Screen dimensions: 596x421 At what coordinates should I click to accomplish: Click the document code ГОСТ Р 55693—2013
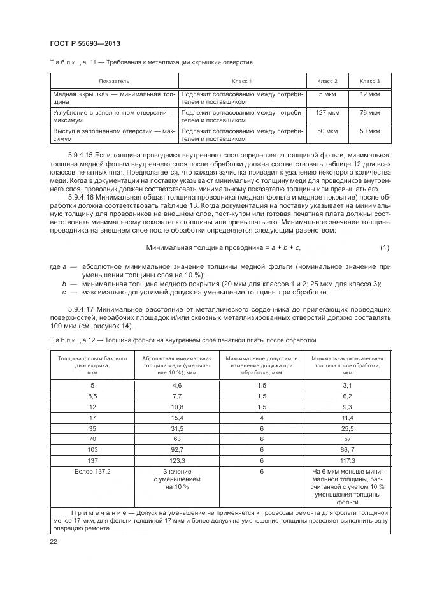click(85, 43)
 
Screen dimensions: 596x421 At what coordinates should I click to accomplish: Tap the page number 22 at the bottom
click(53, 542)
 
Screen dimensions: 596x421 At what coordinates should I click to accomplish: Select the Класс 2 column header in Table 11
click(327, 82)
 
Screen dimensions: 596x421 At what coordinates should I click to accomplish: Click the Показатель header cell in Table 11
click(114, 82)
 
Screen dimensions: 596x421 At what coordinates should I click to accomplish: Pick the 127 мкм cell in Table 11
click(327, 113)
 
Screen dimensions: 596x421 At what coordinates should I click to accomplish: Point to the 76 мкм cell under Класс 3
click(369, 113)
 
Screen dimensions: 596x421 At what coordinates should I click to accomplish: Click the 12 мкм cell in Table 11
click(369, 94)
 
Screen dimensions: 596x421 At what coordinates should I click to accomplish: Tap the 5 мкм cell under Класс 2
click(327, 94)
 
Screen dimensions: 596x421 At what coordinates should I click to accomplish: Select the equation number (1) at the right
click(384, 247)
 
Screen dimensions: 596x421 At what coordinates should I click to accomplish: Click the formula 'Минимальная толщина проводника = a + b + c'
click(222, 247)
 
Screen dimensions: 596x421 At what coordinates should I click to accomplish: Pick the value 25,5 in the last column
click(348, 428)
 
